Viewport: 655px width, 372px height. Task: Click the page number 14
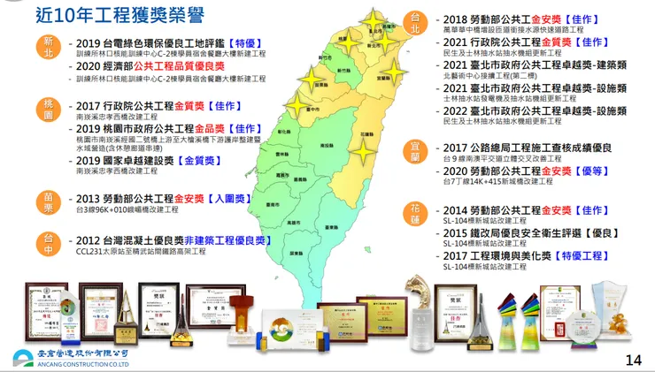point(633,360)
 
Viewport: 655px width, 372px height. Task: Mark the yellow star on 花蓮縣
point(362,151)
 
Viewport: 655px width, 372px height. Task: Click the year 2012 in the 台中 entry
point(89,239)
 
